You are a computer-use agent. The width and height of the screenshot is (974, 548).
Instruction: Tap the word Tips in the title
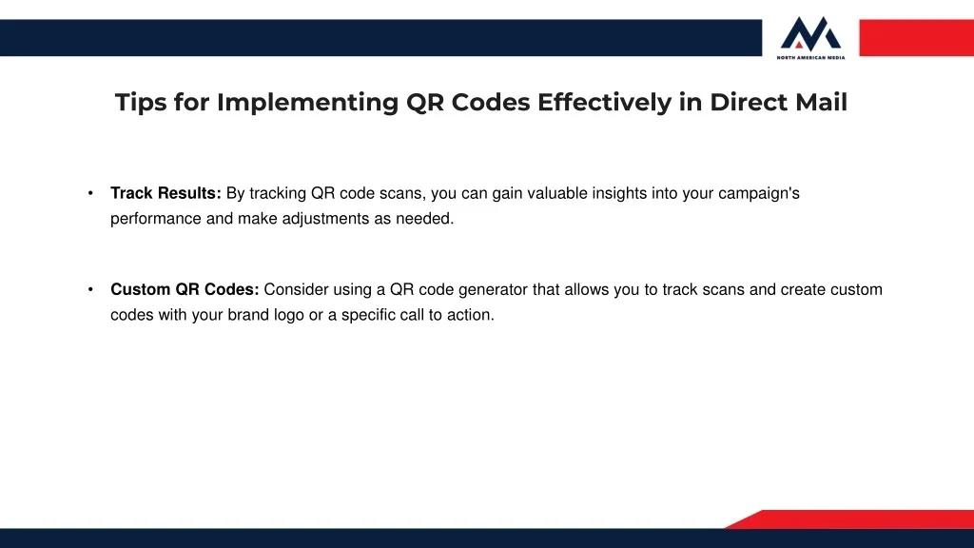(x=141, y=103)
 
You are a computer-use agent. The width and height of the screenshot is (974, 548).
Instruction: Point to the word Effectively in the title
(x=604, y=103)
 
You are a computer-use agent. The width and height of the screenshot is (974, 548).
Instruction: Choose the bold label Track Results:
(x=166, y=193)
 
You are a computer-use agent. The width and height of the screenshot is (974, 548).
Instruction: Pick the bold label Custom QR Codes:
(x=185, y=289)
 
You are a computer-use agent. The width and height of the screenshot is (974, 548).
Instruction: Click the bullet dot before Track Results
(x=90, y=193)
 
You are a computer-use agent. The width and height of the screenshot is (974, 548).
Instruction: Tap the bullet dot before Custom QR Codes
(x=90, y=289)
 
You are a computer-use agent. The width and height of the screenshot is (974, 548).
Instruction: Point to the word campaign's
(x=759, y=194)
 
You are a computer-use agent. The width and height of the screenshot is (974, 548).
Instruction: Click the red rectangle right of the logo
(x=916, y=38)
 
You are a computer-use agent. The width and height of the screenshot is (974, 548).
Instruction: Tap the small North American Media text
(x=810, y=57)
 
